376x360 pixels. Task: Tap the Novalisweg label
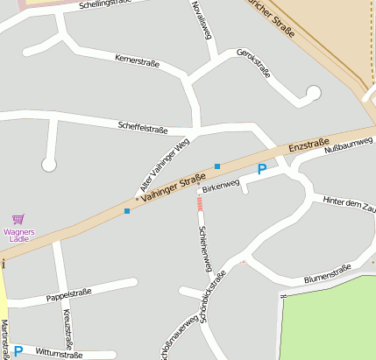(x=202, y=20)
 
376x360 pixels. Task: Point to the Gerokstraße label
(x=254, y=64)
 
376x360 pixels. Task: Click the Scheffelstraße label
(x=142, y=129)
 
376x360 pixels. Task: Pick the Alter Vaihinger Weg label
(x=165, y=166)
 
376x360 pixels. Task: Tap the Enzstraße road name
(x=309, y=143)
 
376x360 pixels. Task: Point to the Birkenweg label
(x=220, y=187)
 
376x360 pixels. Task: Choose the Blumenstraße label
(x=327, y=278)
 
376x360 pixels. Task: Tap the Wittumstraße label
(x=59, y=355)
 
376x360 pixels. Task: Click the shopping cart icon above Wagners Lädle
(x=18, y=219)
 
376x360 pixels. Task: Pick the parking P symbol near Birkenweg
(x=261, y=169)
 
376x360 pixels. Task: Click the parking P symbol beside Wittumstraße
(x=18, y=351)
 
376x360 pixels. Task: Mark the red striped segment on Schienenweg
(x=200, y=204)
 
